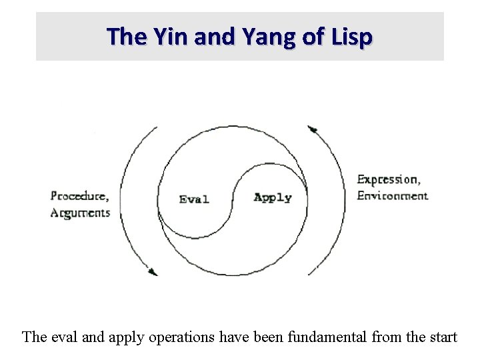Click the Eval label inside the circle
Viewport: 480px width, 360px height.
point(194,199)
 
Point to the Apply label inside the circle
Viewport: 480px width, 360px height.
point(273,197)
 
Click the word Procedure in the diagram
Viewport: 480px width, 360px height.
point(79,196)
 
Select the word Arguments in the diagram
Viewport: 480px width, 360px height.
point(80,213)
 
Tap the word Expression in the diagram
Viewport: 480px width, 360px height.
point(389,179)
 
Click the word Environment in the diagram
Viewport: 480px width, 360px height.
point(392,196)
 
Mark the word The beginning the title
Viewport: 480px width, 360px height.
point(123,36)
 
